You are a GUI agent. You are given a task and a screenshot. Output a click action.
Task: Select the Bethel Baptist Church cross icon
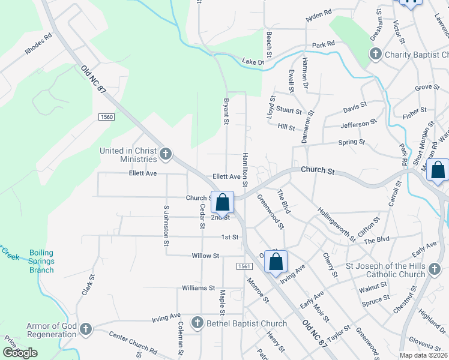(x=196, y=323)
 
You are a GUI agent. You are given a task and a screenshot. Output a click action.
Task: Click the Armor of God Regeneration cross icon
(x=86, y=329)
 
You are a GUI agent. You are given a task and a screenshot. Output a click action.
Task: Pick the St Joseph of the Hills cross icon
(x=435, y=270)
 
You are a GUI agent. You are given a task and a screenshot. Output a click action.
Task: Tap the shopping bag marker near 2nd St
(x=222, y=202)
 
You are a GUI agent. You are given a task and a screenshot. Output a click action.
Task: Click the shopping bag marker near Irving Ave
(x=276, y=262)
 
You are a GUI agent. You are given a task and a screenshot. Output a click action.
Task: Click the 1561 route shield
(x=243, y=266)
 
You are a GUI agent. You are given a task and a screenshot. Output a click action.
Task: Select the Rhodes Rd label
(x=39, y=43)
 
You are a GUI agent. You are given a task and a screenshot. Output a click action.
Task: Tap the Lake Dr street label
(x=253, y=61)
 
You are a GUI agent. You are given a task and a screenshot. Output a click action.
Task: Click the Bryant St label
(x=227, y=112)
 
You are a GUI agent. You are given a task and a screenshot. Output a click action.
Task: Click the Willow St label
(x=205, y=256)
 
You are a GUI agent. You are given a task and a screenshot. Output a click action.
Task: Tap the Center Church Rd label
(x=133, y=343)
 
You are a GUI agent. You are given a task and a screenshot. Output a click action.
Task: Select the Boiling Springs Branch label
(x=41, y=262)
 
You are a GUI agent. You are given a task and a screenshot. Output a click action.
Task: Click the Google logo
(x=20, y=353)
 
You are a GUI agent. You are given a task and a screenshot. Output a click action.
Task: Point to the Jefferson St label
(x=358, y=124)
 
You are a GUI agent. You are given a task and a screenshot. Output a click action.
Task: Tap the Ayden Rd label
(x=319, y=16)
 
